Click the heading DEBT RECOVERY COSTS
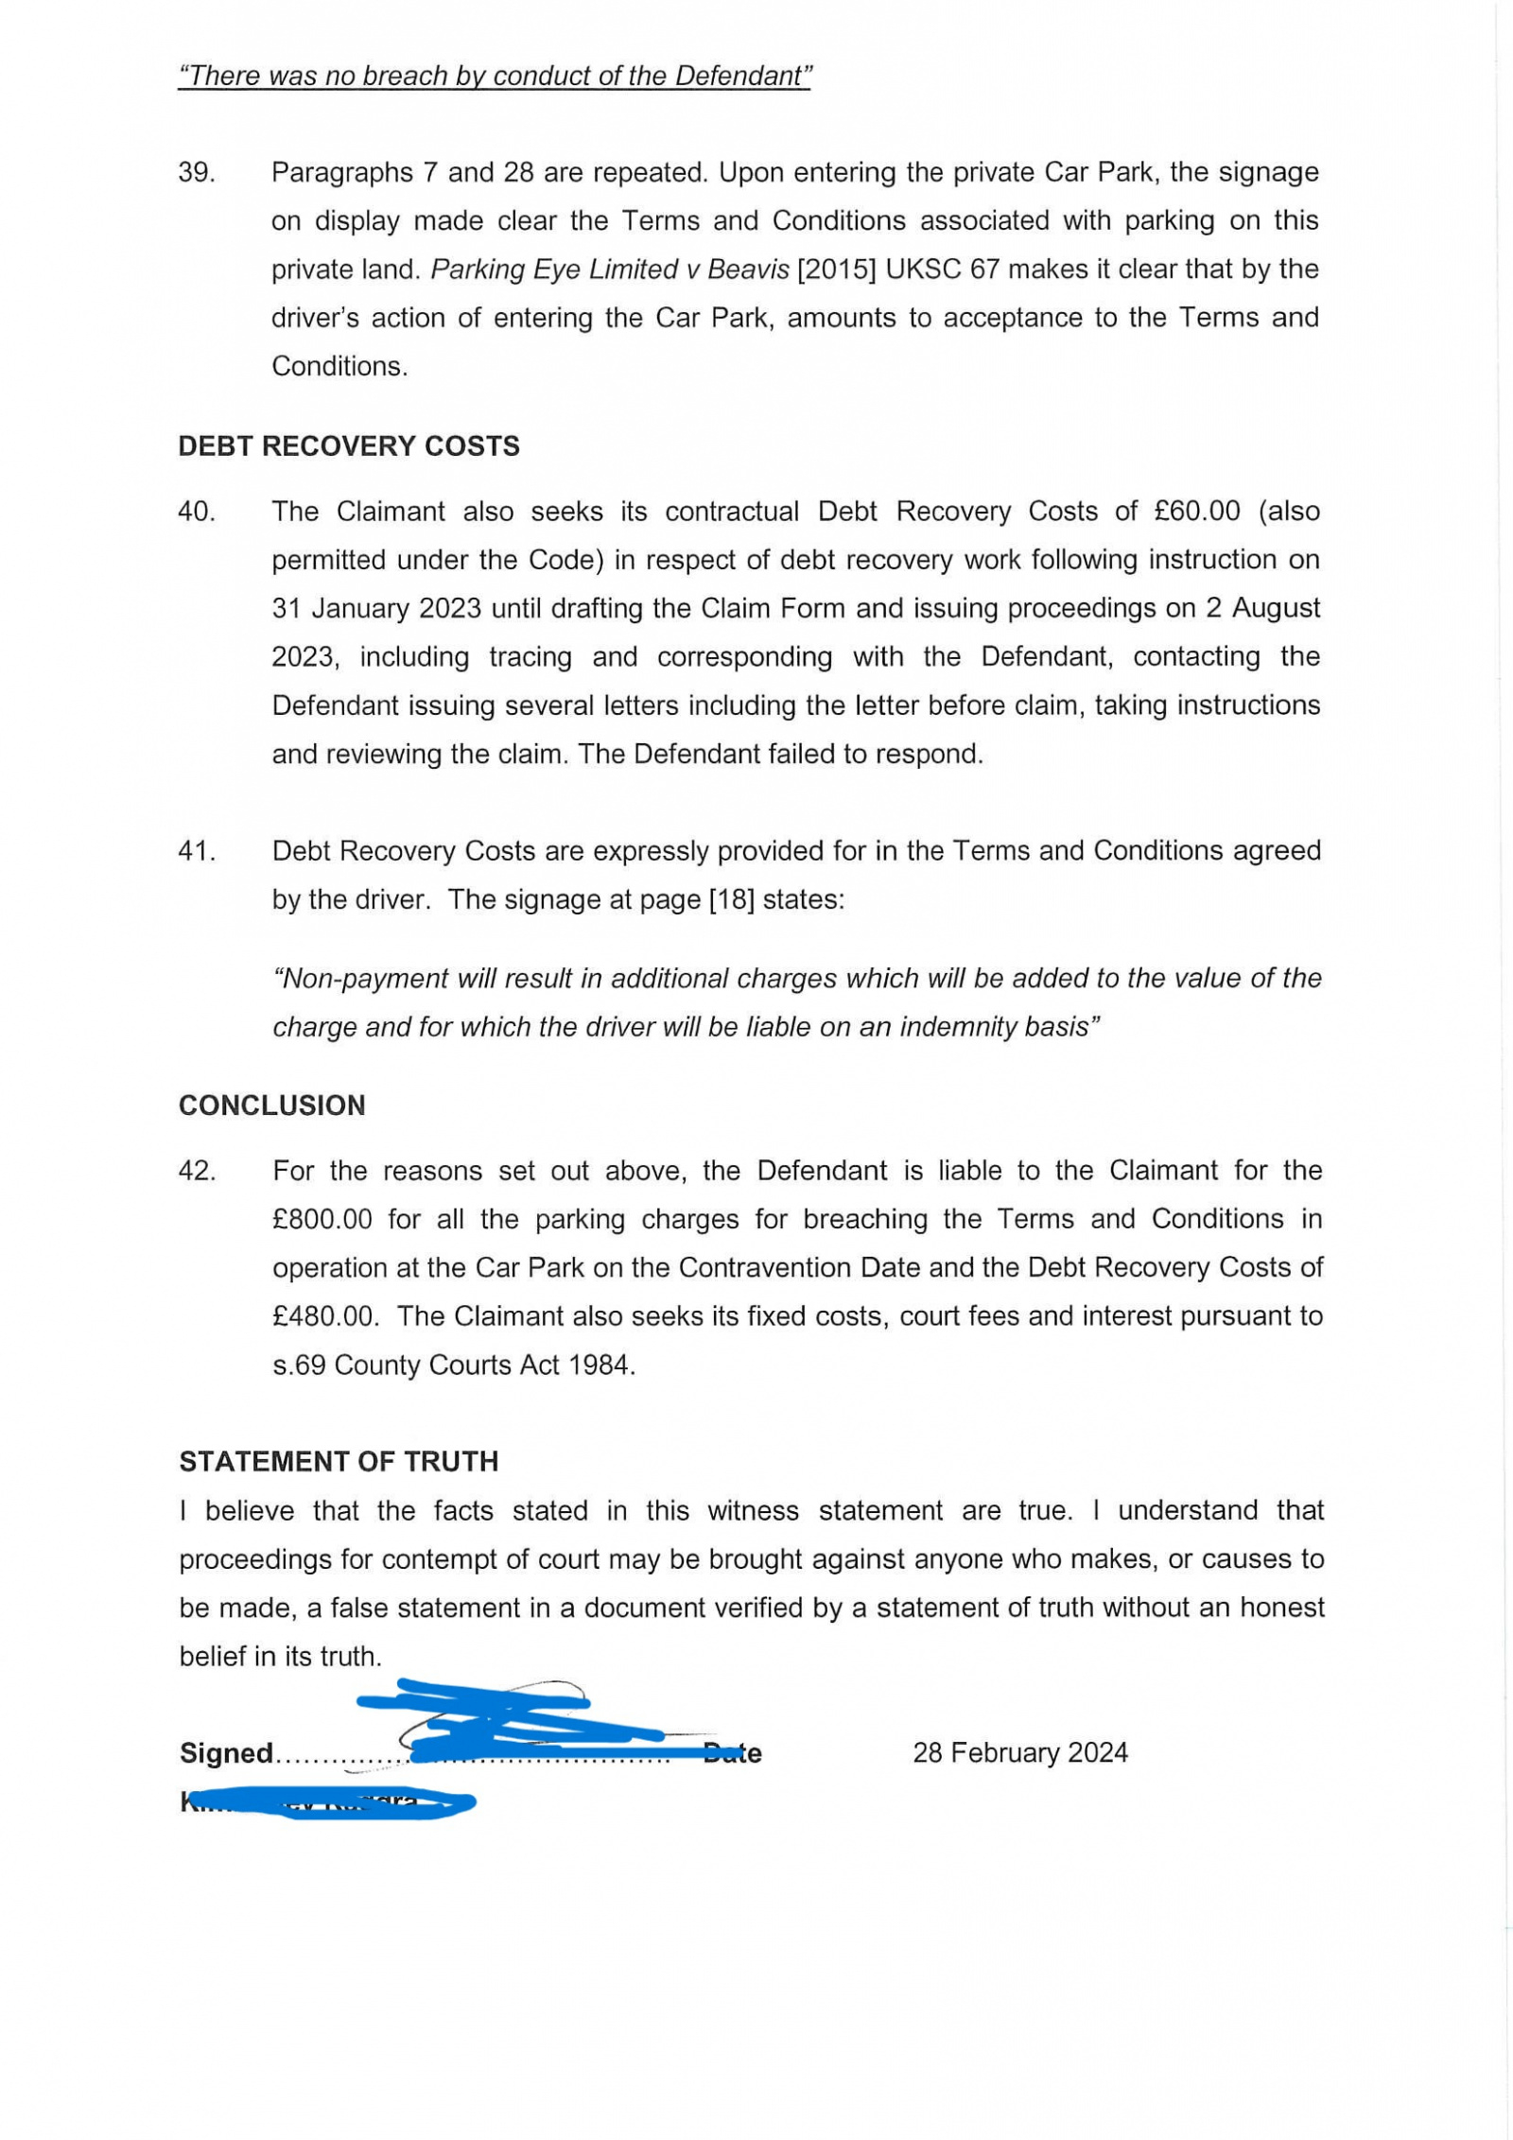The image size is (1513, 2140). (x=349, y=446)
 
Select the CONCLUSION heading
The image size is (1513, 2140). (x=271, y=1105)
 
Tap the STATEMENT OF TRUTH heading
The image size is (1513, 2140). (x=339, y=1462)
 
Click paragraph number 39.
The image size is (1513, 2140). (x=197, y=173)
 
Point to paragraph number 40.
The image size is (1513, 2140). (x=197, y=512)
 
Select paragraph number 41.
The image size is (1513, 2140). (x=197, y=851)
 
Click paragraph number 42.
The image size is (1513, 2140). (x=197, y=1171)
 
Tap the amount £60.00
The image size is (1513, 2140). (x=1196, y=512)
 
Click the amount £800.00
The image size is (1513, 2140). (x=322, y=1220)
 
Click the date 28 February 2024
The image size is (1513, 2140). (x=1019, y=1753)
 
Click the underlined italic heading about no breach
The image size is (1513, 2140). (x=495, y=77)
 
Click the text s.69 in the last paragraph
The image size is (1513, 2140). (x=299, y=1366)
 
